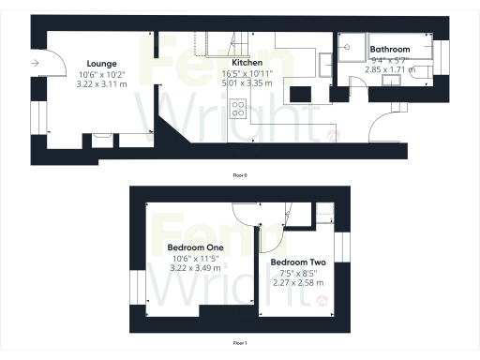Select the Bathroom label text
(389, 49)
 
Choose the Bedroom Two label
(296, 262)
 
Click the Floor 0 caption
(241, 175)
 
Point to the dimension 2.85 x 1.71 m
(389, 69)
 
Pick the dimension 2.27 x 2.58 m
(296, 283)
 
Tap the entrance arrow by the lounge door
(35, 63)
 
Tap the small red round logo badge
(321, 300)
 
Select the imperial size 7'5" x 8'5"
(296, 273)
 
